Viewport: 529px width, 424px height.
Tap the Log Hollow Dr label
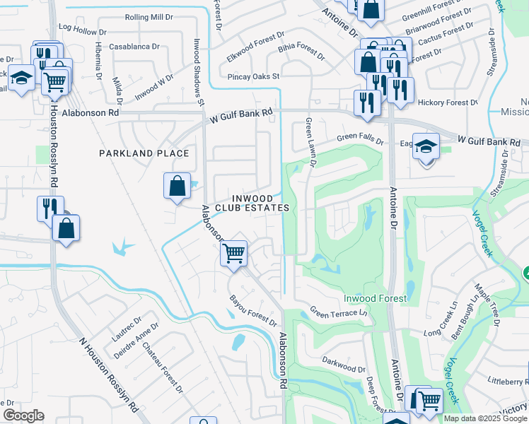[x=82, y=31]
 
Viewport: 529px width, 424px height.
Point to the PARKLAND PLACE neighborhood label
[x=144, y=153]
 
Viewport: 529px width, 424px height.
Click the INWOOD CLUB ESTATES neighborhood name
[x=252, y=203]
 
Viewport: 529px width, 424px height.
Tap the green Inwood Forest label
[x=375, y=298]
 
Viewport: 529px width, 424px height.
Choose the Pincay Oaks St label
[x=254, y=76]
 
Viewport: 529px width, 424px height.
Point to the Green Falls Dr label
[x=360, y=138]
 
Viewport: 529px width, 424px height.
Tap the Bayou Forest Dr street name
[x=252, y=312]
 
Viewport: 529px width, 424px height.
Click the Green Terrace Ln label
[x=339, y=312]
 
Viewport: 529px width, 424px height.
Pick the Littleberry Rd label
[x=508, y=380]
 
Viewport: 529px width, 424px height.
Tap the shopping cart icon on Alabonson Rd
[x=233, y=252]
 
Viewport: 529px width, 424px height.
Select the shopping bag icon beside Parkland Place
[x=177, y=186]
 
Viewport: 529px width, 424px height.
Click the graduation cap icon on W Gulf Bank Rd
[x=425, y=147]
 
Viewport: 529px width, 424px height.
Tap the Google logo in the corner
[x=23, y=416]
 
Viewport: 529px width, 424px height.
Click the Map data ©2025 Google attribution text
[x=484, y=418]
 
